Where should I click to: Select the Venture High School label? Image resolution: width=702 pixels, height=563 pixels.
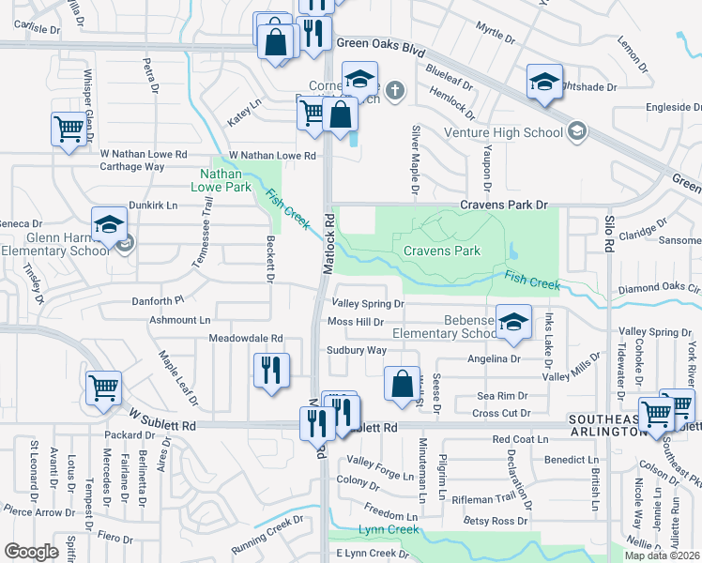[503, 131]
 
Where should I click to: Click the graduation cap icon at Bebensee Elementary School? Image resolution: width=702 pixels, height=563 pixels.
[513, 322]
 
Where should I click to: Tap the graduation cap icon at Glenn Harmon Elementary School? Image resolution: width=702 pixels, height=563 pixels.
[109, 224]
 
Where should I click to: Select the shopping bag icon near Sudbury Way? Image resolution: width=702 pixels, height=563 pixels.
[402, 383]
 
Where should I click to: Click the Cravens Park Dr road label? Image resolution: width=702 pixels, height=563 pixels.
[503, 205]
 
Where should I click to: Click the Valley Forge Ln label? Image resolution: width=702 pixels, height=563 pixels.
[380, 461]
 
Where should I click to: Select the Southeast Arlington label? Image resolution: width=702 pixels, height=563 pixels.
[605, 425]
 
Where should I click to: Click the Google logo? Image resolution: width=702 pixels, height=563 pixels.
[31, 551]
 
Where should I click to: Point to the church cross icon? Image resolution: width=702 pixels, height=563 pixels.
[395, 91]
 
